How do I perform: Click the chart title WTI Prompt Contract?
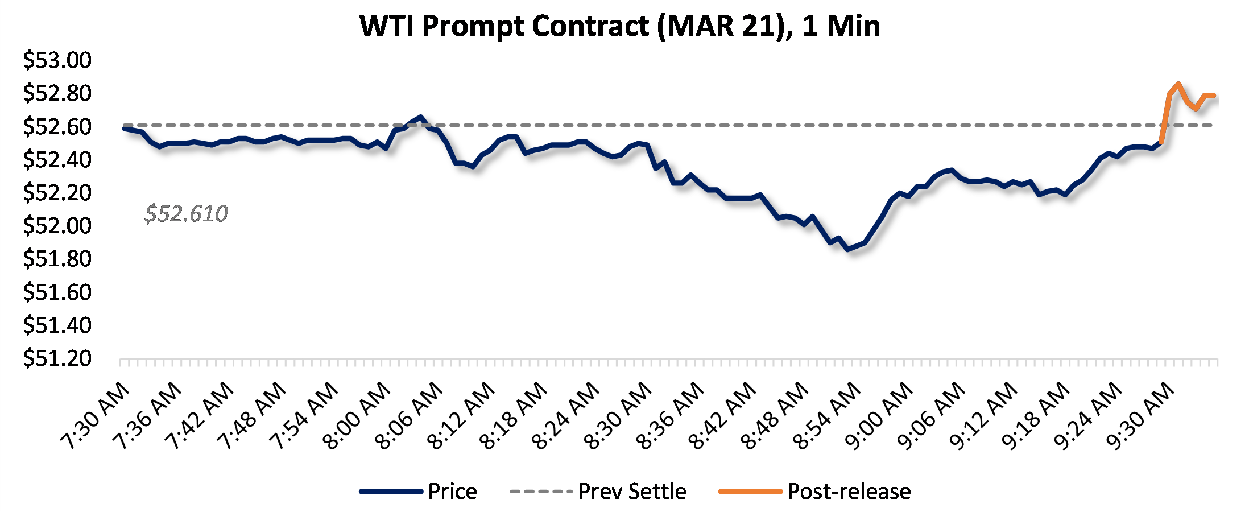(620, 26)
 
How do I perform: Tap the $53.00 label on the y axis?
(57, 60)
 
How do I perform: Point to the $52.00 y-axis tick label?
(57, 226)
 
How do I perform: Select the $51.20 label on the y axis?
(57, 358)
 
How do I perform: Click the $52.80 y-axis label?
(57, 93)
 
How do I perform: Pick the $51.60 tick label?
(57, 292)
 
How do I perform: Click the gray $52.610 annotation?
(186, 214)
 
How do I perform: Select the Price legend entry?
(452, 492)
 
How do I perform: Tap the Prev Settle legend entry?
(632, 492)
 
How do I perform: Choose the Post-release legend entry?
(849, 492)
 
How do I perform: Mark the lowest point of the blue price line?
(848, 249)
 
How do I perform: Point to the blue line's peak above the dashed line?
(420, 117)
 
